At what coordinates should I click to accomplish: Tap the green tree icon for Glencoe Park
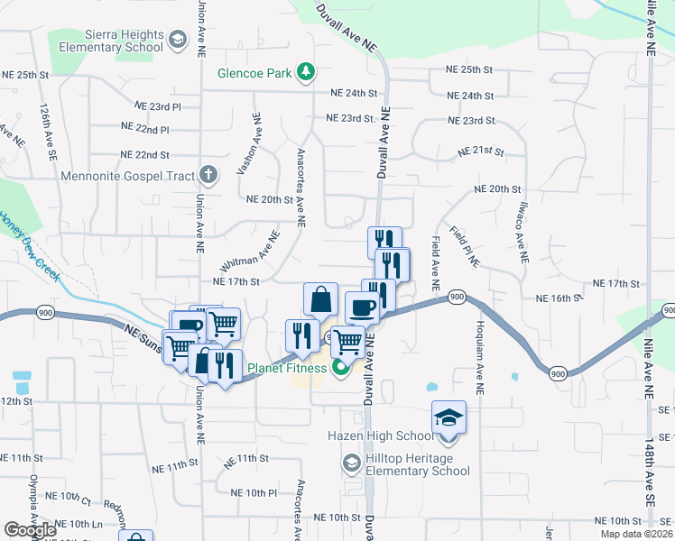[307, 72]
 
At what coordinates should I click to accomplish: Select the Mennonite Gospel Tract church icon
[208, 174]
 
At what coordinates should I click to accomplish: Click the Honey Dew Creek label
[29, 243]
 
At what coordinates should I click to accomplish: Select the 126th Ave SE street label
[46, 131]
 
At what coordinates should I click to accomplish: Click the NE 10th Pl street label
[254, 492]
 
